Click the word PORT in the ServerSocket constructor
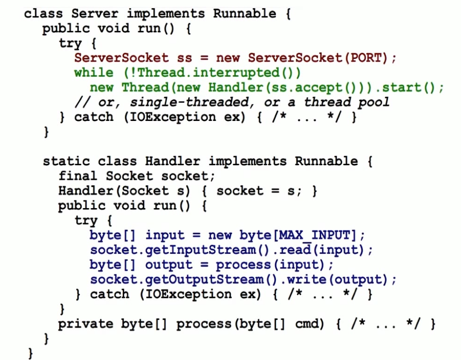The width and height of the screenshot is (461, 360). pos(366,58)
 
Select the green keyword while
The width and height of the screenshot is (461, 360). pos(94,73)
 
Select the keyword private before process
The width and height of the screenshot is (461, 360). pos(86,324)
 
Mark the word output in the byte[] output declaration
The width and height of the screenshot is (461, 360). pos(168,265)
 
